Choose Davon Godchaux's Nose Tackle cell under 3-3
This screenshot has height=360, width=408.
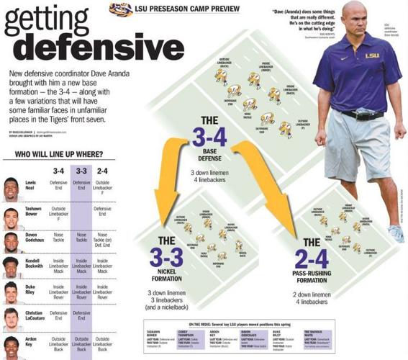[81, 239]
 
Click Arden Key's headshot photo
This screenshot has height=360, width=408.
[12, 345]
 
